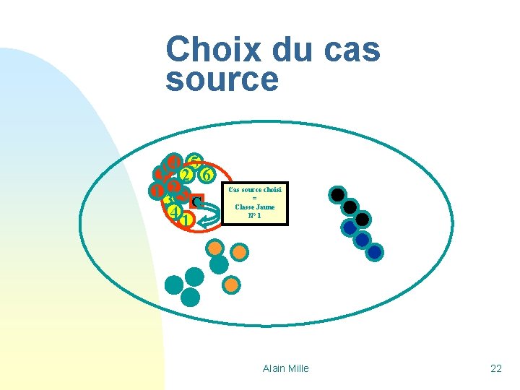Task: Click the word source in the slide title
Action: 222,79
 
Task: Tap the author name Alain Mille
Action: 285,368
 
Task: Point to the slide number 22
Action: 495,368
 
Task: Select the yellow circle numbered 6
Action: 207,175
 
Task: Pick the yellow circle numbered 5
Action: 194,162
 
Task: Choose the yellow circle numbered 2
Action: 186,175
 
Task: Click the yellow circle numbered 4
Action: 173,212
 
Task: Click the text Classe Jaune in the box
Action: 255,207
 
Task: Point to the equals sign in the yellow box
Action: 255,198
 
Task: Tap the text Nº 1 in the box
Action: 255,215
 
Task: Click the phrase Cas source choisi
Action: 255,190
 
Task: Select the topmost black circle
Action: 337,194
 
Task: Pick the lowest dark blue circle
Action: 375,252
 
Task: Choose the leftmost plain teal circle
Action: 174,285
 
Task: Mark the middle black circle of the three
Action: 350,207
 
